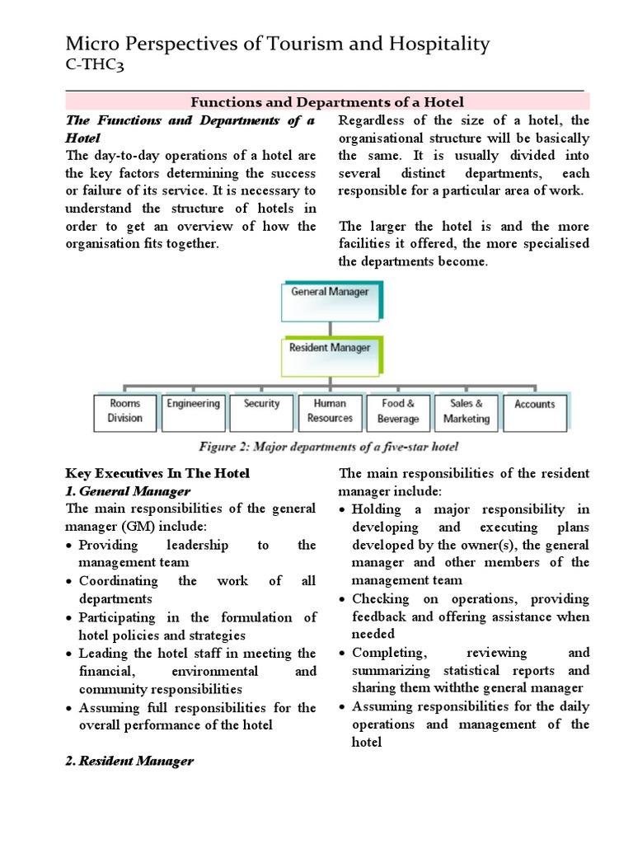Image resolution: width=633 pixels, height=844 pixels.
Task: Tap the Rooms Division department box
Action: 124,410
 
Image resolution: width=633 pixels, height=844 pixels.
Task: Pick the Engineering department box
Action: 194,410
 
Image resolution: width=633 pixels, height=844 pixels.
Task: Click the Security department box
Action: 261,410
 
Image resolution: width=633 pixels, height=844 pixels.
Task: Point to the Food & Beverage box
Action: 398,410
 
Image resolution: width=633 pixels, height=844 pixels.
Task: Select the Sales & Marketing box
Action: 466,410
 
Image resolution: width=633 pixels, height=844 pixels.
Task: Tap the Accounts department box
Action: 534,410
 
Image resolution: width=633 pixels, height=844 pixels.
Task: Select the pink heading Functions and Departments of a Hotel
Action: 328,102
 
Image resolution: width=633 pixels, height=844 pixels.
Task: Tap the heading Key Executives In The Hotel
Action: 157,473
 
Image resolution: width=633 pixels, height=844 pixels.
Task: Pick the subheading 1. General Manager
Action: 127,491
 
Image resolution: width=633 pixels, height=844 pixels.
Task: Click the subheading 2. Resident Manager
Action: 129,761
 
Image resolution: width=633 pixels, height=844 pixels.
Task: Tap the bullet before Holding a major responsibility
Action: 344,510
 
